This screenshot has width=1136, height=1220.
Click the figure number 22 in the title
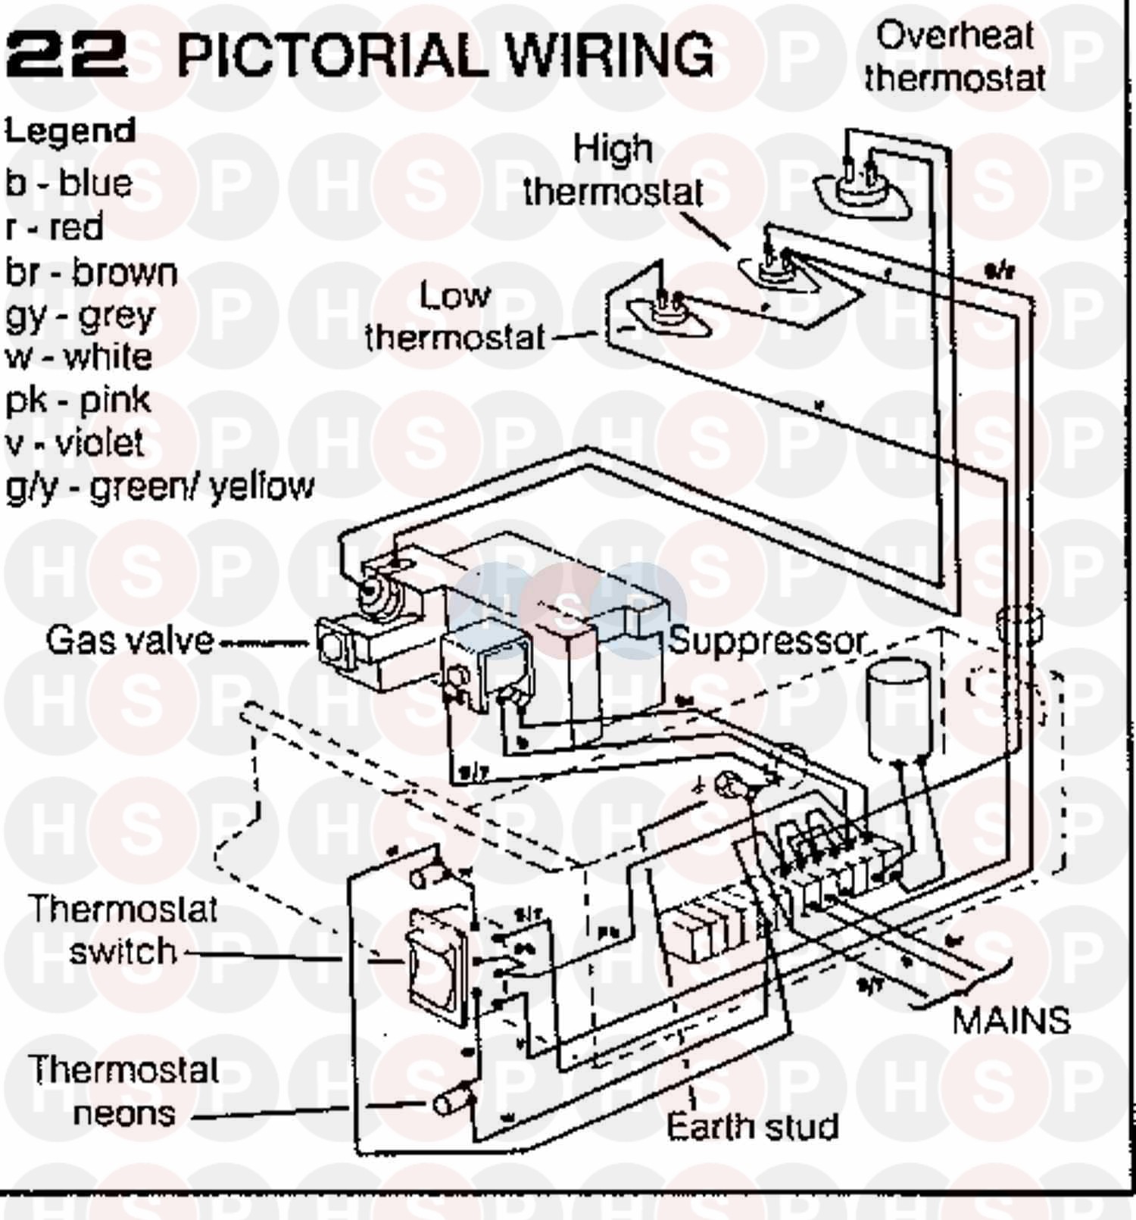tap(67, 55)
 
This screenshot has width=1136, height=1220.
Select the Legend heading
tap(70, 132)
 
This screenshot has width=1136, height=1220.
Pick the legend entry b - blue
tap(69, 183)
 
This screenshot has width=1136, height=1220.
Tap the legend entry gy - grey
tap(80, 316)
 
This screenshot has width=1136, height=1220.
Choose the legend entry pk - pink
tap(78, 400)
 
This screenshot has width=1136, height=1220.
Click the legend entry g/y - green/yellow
tap(160, 486)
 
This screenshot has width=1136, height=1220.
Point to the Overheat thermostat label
tap(955, 57)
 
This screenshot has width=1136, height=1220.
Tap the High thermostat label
tap(613, 170)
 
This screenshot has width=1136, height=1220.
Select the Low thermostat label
tap(454, 317)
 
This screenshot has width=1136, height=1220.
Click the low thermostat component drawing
tap(667, 311)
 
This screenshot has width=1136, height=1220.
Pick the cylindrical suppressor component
tap(899, 708)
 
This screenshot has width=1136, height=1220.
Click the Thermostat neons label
tap(124, 1091)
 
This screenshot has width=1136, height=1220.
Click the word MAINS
tap(1010, 1021)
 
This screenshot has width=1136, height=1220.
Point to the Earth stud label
tap(752, 1127)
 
